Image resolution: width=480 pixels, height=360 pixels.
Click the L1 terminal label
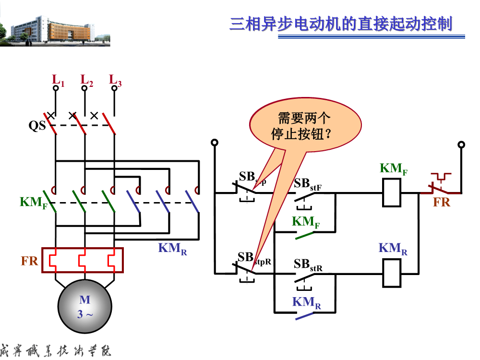click(58, 80)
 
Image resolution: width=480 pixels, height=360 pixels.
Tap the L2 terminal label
click(86, 80)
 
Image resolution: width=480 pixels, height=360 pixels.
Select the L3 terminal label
click(115, 80)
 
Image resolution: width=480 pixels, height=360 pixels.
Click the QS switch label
click(37, 126)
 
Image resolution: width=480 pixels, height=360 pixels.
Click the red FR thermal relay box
click(82, 260)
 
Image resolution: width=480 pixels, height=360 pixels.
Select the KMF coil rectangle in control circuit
click(391, 193)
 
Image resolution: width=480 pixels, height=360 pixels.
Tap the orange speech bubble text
click(304, 126)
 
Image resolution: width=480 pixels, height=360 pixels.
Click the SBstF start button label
click(307, 184)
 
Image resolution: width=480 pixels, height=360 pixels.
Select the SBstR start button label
click(308, 265)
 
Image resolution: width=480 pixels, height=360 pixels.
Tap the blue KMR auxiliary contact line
click(304, 316)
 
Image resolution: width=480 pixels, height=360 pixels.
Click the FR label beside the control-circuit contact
click(442, 202)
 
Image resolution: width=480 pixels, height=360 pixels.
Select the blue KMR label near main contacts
click(172, 248)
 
